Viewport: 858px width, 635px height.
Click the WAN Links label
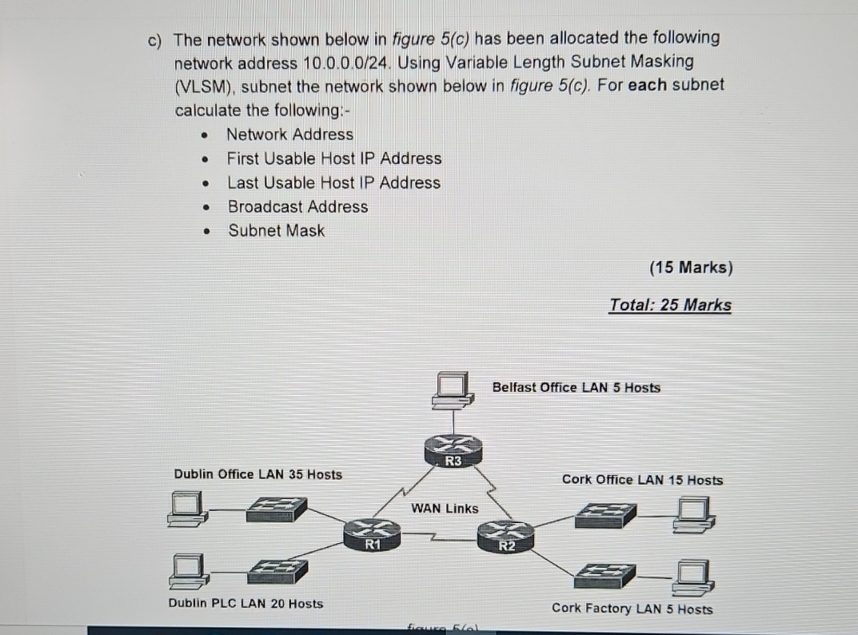(x=445, y=508)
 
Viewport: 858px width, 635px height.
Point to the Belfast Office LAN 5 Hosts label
(x=577, y=388)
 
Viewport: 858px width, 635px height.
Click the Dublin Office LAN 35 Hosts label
(x=257, y=474)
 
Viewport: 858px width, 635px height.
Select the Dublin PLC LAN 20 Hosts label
(x=246, y=603)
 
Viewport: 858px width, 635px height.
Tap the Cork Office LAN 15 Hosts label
(x=642, y=480)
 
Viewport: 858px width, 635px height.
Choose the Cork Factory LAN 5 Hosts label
(x=632, y=609)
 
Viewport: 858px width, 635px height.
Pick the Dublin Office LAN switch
(x=276, y=509)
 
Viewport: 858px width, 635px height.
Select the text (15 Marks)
(x=691, y=268)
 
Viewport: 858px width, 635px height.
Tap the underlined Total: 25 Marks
(x=670, y=305)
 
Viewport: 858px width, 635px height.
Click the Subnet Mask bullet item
(x=277, y=230)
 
